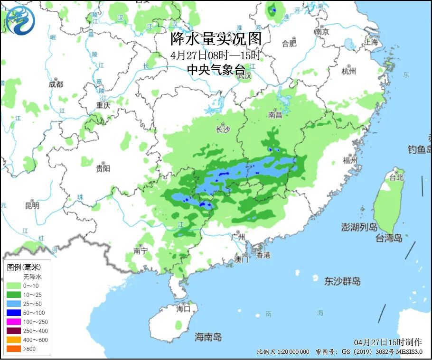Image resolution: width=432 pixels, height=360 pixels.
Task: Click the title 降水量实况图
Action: [x=216, y=39]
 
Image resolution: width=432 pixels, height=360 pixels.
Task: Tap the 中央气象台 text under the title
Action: [x=216, y=70]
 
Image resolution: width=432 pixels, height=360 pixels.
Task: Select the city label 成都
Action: [x=56, y=84]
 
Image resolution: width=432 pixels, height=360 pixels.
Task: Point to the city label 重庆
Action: [x=103, y=105]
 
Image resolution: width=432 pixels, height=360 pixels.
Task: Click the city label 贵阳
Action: [x=103, y=168]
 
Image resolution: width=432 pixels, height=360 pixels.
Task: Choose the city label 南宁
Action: [x=140, y=251]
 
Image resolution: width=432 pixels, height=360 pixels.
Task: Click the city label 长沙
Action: [x=223, y=129]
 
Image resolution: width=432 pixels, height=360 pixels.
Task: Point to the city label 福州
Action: [x=350, y=160]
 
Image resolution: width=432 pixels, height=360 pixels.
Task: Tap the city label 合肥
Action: [x=289, y=44]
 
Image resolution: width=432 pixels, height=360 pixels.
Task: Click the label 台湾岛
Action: [x=389, y=238]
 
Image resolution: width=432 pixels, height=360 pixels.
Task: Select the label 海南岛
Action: [x=208, y=337]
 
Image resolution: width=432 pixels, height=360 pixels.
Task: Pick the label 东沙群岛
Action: [x=342, y=281]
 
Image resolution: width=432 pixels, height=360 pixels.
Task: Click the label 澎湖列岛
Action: [x=359, y=227]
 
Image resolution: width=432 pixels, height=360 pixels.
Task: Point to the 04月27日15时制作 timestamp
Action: [x=387, y=342]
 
